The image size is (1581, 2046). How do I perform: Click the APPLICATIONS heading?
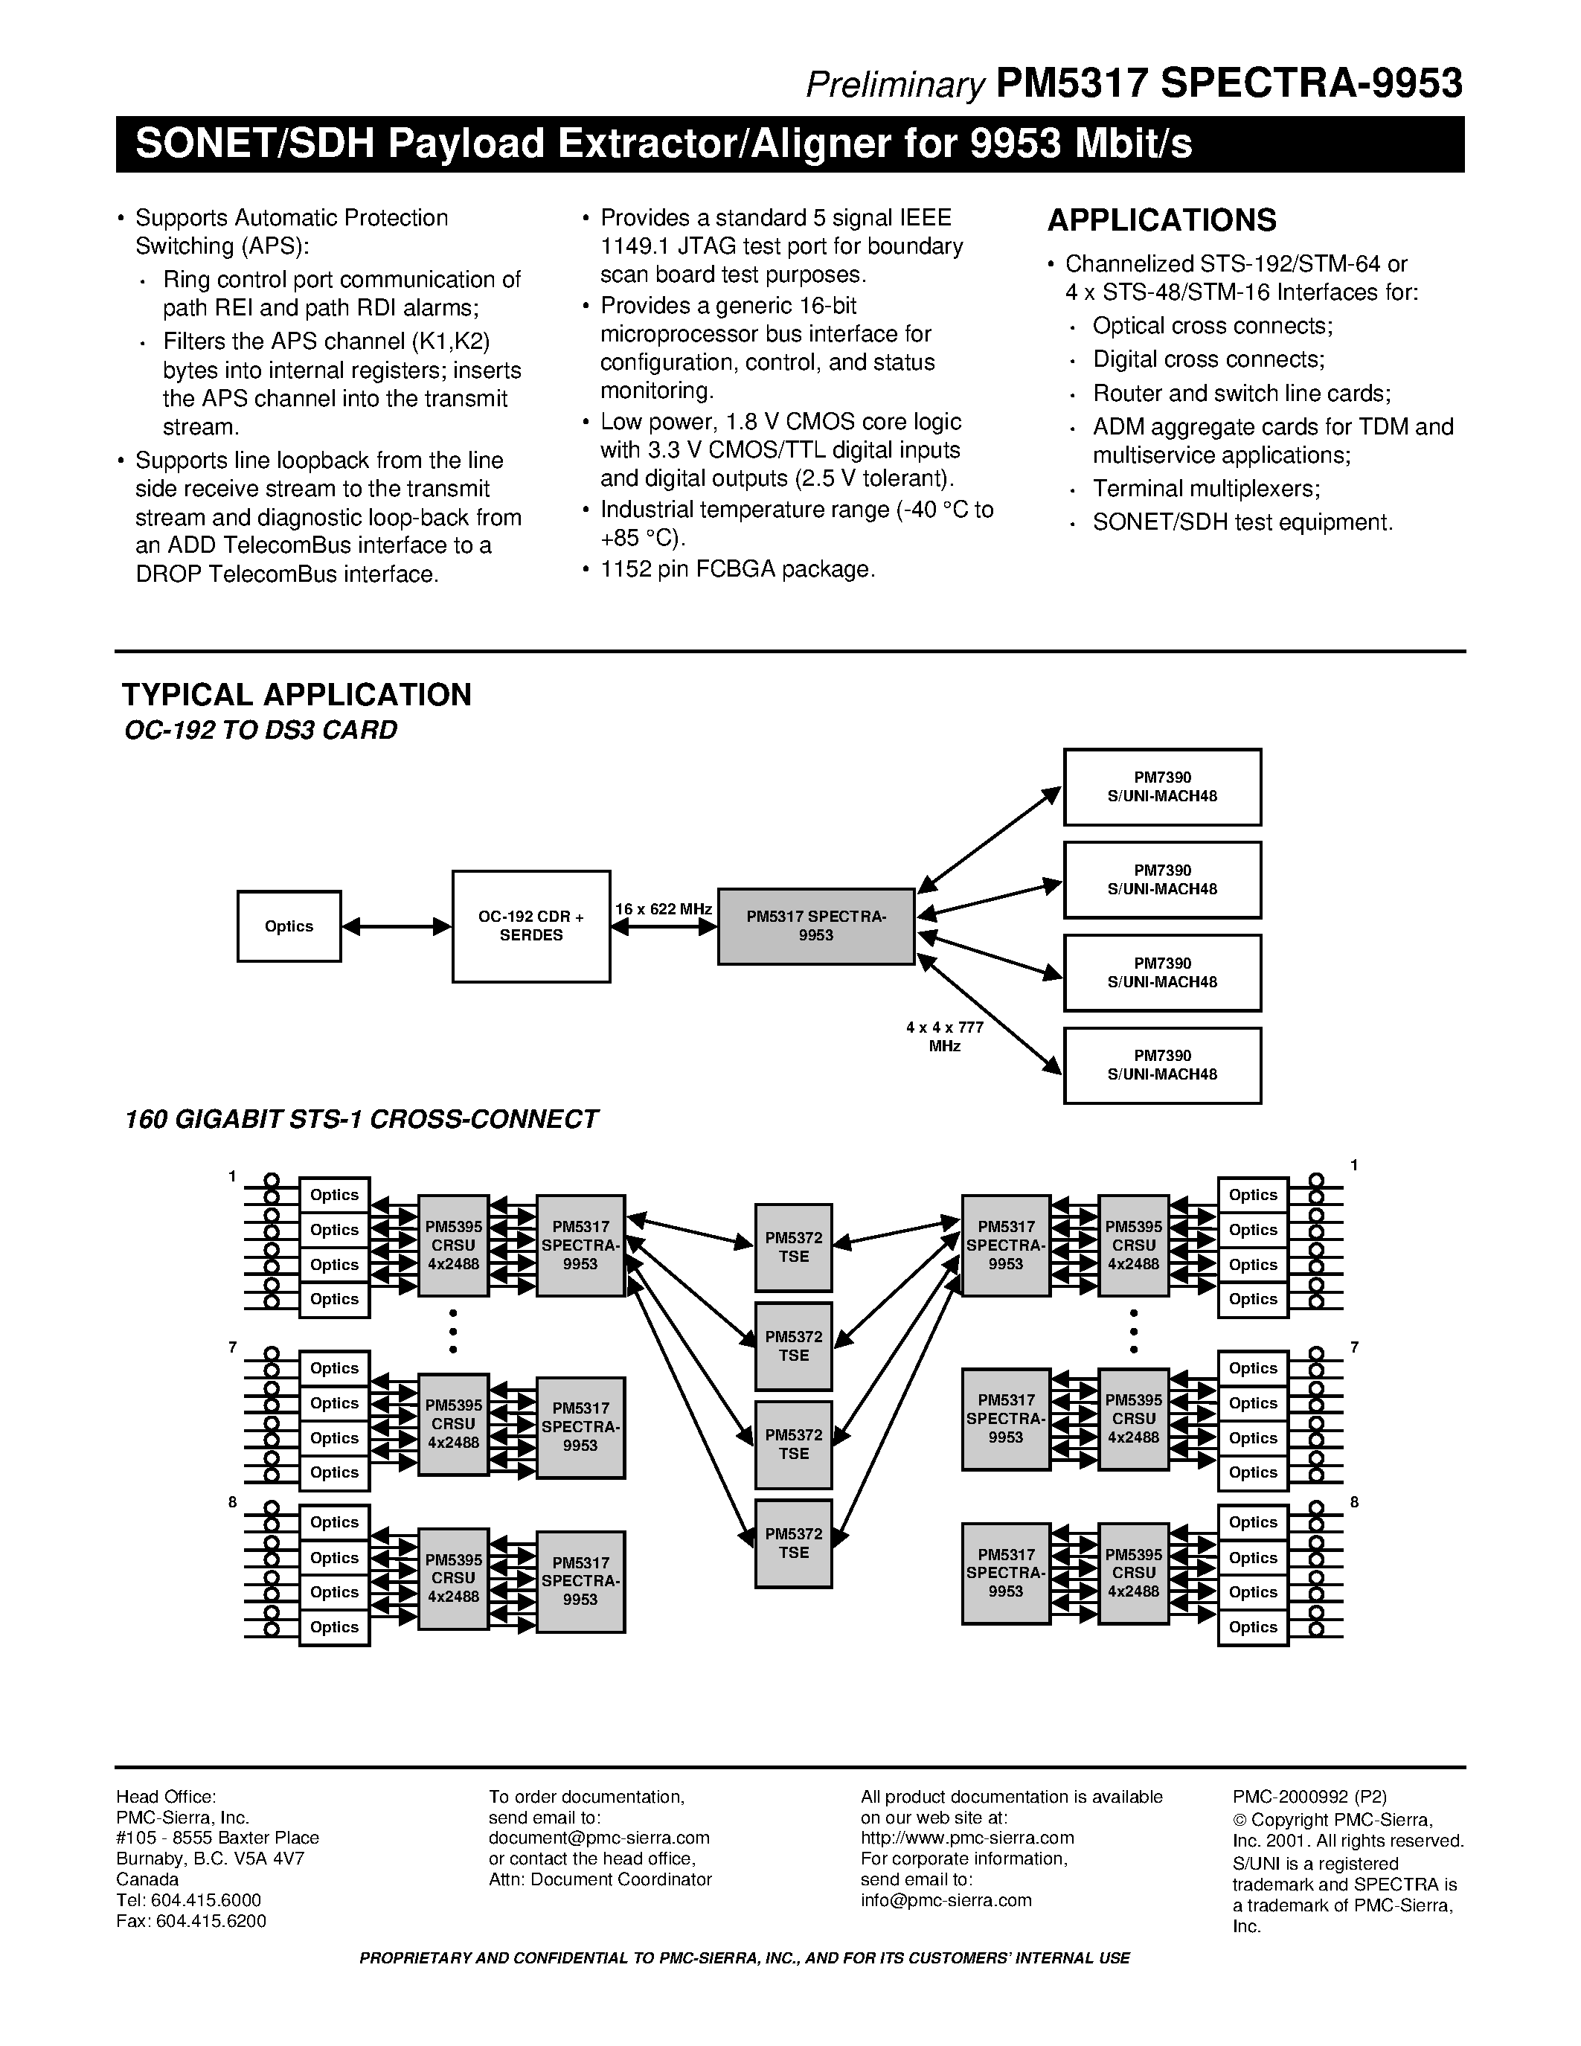coord(1161,220)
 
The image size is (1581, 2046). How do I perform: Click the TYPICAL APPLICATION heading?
coord(296,694)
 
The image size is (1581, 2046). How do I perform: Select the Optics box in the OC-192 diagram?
coord(289,926)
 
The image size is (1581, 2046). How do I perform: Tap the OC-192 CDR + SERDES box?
coord(531,926)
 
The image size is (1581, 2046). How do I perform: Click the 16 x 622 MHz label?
coord(663,908)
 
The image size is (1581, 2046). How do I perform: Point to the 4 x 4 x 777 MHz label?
coord(944,1036)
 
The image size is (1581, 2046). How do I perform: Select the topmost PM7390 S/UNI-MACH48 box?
coord(1161,787)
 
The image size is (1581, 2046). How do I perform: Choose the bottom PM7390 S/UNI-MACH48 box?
coord(1161,1065)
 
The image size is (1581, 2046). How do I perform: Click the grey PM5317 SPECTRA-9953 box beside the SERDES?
coord(815,926)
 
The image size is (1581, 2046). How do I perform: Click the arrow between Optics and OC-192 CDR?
coord(397,926)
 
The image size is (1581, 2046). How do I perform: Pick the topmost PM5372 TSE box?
coord(793,1247)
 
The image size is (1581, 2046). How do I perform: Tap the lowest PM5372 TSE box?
coord(793,1543)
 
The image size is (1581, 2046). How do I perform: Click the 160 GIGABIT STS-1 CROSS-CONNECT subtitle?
coord(361,1120)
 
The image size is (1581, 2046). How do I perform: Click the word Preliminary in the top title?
coord(894,86)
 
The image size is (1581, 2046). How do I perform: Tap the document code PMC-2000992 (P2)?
coord(1309,1797)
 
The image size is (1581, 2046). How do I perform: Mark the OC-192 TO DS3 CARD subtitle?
coord(260,730)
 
